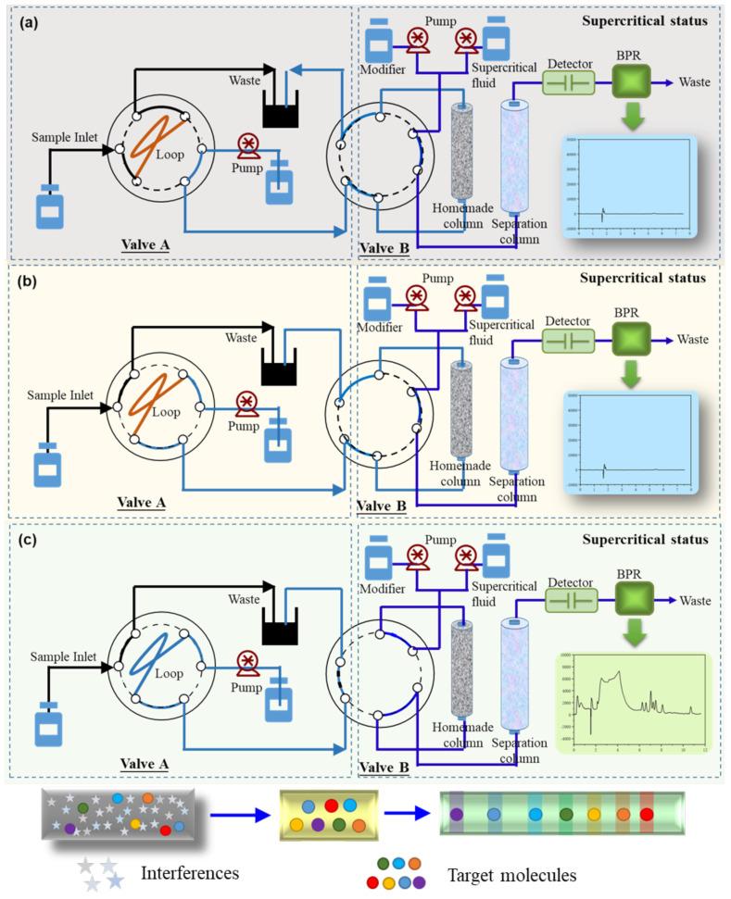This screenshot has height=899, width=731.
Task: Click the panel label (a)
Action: [26, 22]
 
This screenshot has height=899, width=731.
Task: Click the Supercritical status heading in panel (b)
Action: [643, 277]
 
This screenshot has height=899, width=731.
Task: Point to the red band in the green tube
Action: [646, 815]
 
